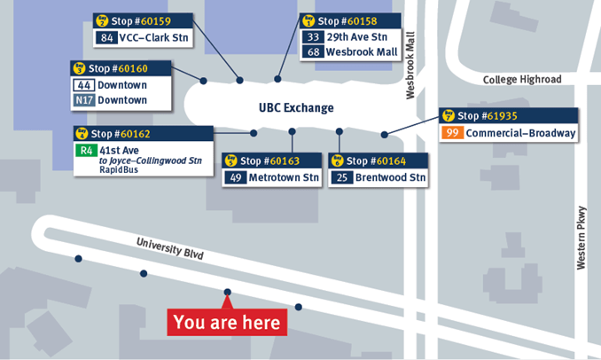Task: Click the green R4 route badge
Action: (87, 151)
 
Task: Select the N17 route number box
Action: (83, 100)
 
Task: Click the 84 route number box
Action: (108, 37)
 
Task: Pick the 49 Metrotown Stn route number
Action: (236, 177)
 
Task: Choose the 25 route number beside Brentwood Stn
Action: (342, 177)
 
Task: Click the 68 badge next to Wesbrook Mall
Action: (313, 51)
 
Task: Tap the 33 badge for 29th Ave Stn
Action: (313, 37)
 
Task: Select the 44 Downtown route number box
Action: (83, 85)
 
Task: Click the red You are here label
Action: (227, 322)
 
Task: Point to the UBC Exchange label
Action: (296, 108)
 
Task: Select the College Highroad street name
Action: (522, 80)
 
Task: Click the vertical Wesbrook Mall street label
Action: (410, 67)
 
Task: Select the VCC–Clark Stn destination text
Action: (157, 37)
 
